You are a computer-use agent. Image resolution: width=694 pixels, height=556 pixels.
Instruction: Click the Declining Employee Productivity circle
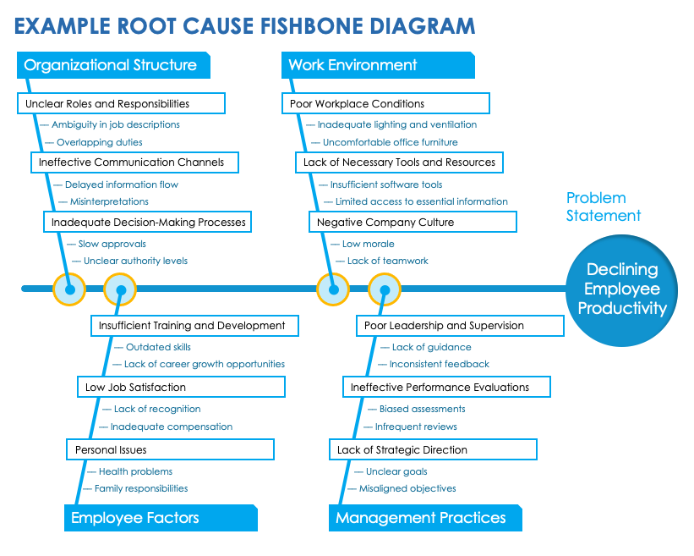622,289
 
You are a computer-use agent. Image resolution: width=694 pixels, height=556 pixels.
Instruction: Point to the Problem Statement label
603,206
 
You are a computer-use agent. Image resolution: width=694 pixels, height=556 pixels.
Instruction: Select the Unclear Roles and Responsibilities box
121,103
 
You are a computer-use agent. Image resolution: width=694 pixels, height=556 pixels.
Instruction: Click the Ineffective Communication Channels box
134,162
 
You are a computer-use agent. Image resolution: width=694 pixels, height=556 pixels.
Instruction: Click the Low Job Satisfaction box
180,387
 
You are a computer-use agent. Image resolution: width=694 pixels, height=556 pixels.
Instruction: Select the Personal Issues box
170,449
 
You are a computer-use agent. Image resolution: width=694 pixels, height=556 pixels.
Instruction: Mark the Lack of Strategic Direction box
434,449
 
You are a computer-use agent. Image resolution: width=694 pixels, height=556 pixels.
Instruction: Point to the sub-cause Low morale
368,244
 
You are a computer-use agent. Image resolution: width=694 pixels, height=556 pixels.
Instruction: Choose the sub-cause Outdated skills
158,347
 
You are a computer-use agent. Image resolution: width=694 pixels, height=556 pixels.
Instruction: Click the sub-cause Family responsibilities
141,488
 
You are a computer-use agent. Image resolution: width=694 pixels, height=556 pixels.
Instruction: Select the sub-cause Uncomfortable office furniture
390,142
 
